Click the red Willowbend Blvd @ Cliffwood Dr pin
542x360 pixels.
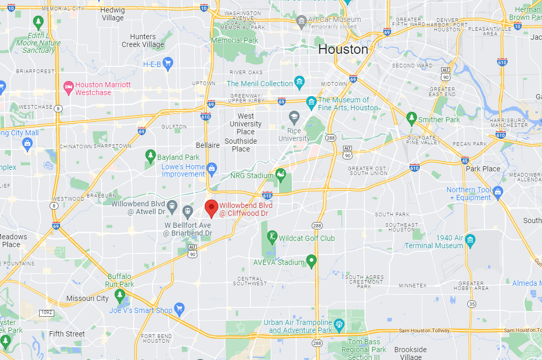click(x=211, y=208)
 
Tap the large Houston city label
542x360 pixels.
click(x=343, y=49)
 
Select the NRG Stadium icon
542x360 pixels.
click(x=281, y=173)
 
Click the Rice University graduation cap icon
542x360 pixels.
click(x=294, y=115)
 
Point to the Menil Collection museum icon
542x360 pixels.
click(x=299, y=82)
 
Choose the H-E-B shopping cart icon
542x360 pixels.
click(x=168, y=64)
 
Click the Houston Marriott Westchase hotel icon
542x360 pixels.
click(x=68, y=86)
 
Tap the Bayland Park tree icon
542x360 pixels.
click(x=150, y=155)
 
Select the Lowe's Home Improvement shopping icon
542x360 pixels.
click(x=211, y=168)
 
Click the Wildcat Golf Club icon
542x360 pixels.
click(x=272, y=237)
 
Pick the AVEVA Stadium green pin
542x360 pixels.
click(x=311, y=260)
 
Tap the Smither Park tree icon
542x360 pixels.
click(x=411, y=117)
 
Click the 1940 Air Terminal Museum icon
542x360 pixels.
click(x=470, y=239)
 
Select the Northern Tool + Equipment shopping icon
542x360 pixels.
click(x=498, y=192)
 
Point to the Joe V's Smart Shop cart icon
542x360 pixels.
click(x=179, y=308)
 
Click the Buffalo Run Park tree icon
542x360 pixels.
click(x=120, y=296)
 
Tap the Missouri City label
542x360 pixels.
click(x=87, y=298)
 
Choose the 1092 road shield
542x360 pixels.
click(x=46, y=312)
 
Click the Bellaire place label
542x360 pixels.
click(x=207, y=145)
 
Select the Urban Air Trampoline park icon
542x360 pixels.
click(x=339, y=324)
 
